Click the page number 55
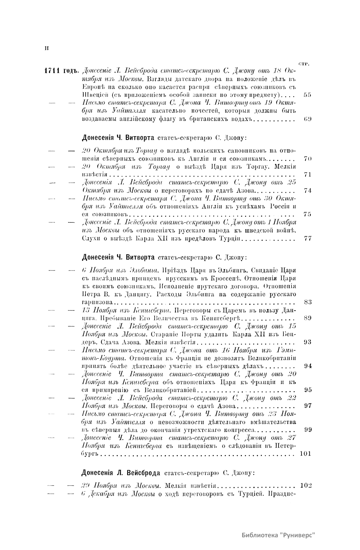coord(307,95)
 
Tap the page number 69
coord(307,119)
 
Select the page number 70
coord(307,159)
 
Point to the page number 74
coord(307,190)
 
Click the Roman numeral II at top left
coord(47,49)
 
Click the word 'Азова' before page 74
coord(246,191)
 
